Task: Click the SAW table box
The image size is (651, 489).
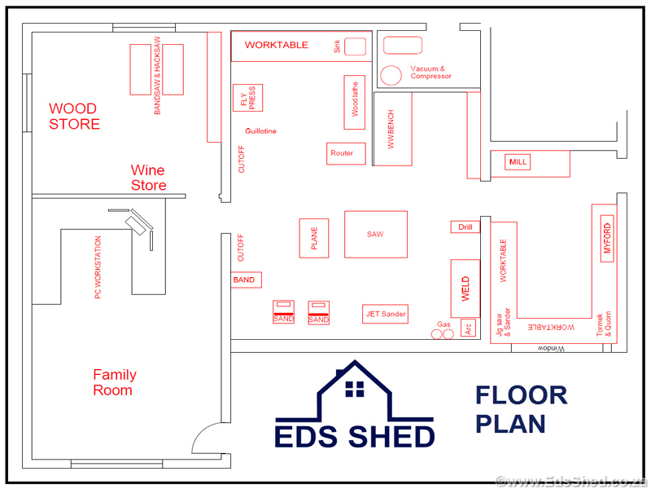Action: pyautogui.click(x=376, y=235)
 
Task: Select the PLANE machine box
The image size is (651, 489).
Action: pyautogui.click(x=314, y=238)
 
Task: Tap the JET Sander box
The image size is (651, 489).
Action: pyautogui.click(x=385, y=314)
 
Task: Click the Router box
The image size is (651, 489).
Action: pyautogui.click(x=347, y=153)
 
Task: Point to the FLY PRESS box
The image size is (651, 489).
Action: pyautogui.click(x=248, y=98)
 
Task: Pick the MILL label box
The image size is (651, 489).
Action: pyautogui.click(x=518, y=161)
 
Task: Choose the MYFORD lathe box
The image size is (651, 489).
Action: pyautogui.click(x=607, y=238)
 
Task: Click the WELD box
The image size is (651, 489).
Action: pyautogui.click(x=465, y=289)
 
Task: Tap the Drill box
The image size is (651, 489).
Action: pyautogui.click(x=465, y=227)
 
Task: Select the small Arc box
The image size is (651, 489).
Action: pyautogui.click(x=469, y=328)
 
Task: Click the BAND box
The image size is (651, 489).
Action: pyautogui.click(x=247, y=280)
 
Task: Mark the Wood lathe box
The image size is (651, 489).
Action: pyautogui.click(x=355, y=103)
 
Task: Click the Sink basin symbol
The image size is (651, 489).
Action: pyautogui.click(x=355, y=46)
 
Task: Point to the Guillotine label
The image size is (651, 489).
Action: pyautogui.click(x=260, y=131)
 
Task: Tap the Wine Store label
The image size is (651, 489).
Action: pyautogui.click(x=148, y=178)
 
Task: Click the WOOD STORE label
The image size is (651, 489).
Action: pyautogui.click(x=74, y=116)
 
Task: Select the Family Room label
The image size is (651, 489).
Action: pyautogui.click(x=115, y=382)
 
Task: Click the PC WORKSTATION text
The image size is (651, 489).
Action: pyautogui.click(x=98, y=267)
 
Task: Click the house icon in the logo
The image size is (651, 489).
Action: pyautogui.click(x=355, y=391)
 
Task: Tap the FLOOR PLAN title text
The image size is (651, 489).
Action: pyautogui.click(x=522, y=410)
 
